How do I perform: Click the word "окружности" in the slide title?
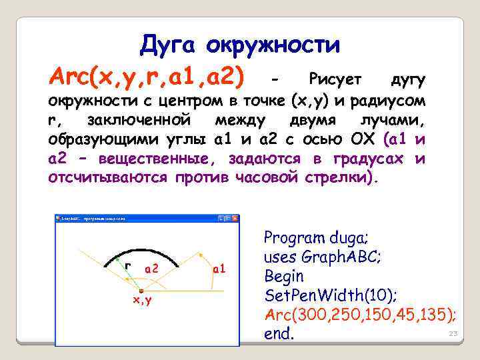273,46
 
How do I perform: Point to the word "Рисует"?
335,80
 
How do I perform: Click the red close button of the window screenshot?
235,219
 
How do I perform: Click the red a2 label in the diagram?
151,268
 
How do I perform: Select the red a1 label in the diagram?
219,269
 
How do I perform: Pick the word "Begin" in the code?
284,276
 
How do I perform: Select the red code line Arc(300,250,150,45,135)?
360,315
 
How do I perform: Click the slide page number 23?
453,333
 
